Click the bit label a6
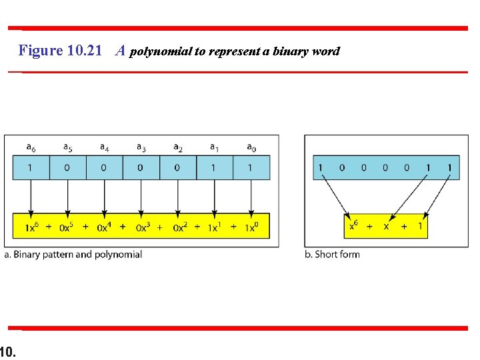point(31,147)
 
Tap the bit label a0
point(251,147)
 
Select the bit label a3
point(141,147)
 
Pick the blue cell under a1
point(214,167)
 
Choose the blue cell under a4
point(104,167)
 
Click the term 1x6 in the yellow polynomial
point(31,227)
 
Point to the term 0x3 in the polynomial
point(142,227)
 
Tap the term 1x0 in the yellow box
point(251,227)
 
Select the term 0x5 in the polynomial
point(68,227)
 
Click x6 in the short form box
point(355,226)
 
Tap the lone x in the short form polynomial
point(386,227)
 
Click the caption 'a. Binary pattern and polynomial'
point(73,254)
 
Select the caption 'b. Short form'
point(332,254)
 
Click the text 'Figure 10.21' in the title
point(61,51)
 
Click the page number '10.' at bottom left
point(8,351)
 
